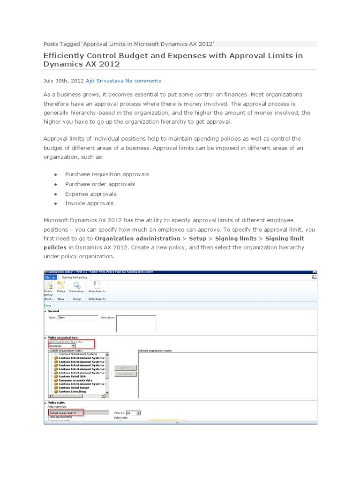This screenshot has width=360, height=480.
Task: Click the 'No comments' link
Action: click(143, 81)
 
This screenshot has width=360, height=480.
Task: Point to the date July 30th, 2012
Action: click(63, 81)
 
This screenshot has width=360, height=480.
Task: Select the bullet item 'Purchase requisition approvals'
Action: click(107, 174)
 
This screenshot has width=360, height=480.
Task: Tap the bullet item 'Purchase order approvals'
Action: click(100, 184)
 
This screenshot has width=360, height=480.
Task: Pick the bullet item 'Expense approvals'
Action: click(91, 194)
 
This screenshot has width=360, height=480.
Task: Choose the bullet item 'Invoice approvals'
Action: click(89, 203)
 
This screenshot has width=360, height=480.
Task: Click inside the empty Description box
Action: click(136, 323)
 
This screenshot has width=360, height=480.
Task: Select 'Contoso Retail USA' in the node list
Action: click(72, 375)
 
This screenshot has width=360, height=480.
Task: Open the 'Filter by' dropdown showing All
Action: click(134, 413)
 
